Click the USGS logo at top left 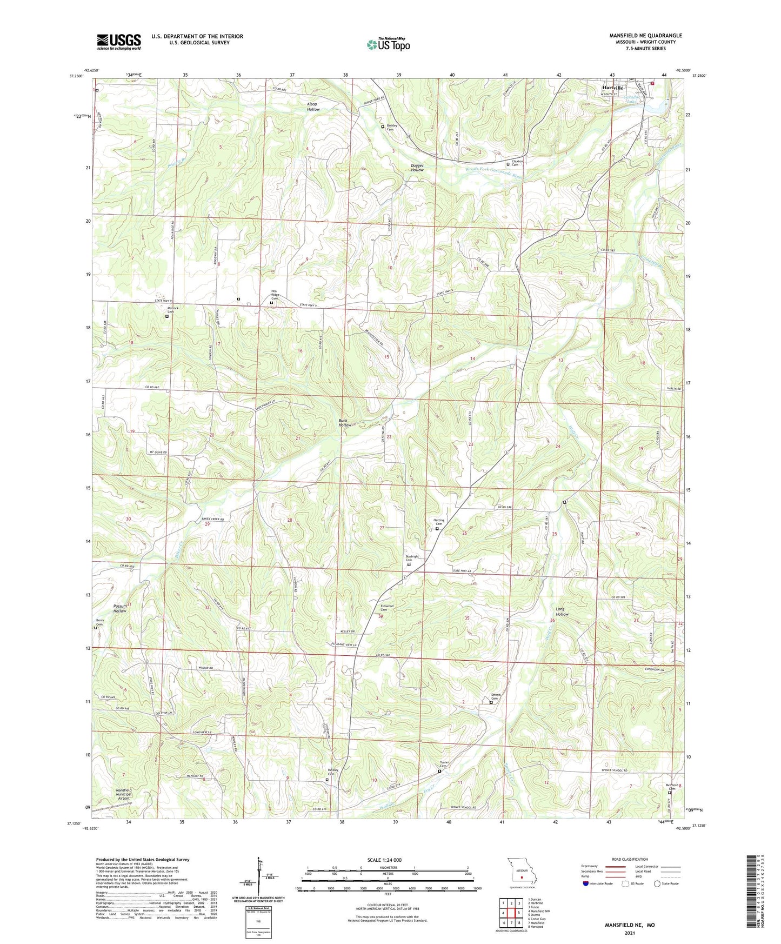[x=118, y=42]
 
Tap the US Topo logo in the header [x=388, y=44]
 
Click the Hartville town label [x=613, y=88]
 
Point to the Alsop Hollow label [x=313, y=107]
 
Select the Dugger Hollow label [x=417, y=167]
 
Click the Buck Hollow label [x=345, y=422]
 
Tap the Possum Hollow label [x=120, y=608]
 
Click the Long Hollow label [x=562, y=611]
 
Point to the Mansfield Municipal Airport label [x=123, y=794]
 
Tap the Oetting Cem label [x=438, y=522]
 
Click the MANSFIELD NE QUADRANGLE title [x=645, y=36]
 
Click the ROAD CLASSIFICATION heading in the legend [x=630, y=859]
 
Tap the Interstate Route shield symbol [x=586, y=883]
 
